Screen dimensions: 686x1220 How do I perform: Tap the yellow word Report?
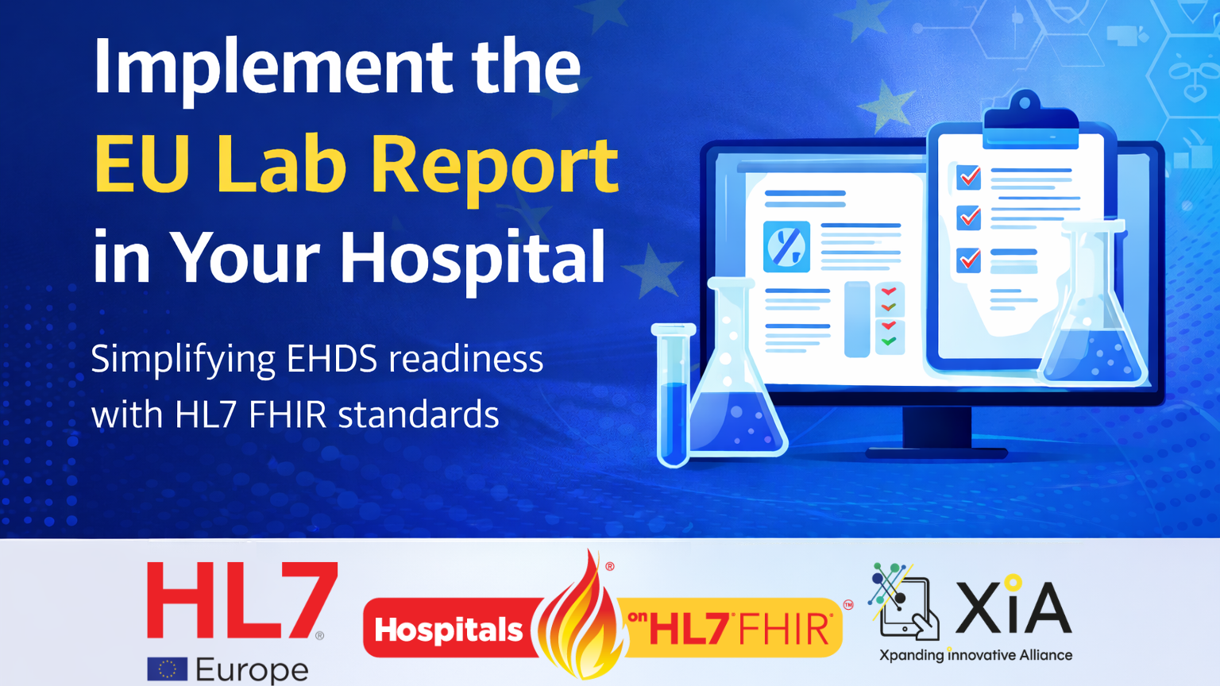(494, 165)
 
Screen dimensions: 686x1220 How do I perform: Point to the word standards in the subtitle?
(419, 415)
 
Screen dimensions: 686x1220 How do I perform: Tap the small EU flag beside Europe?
(167, 669)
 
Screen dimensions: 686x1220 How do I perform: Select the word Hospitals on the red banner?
(449, 630)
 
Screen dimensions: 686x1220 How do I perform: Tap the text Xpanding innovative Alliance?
(975, 656)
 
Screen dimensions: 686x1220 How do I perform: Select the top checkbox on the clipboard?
(968, 177)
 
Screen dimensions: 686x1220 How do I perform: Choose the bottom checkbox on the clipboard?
(968, 260)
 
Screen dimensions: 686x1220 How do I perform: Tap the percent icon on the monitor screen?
(786, 247)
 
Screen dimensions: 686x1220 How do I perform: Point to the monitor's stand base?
(937, 452)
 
